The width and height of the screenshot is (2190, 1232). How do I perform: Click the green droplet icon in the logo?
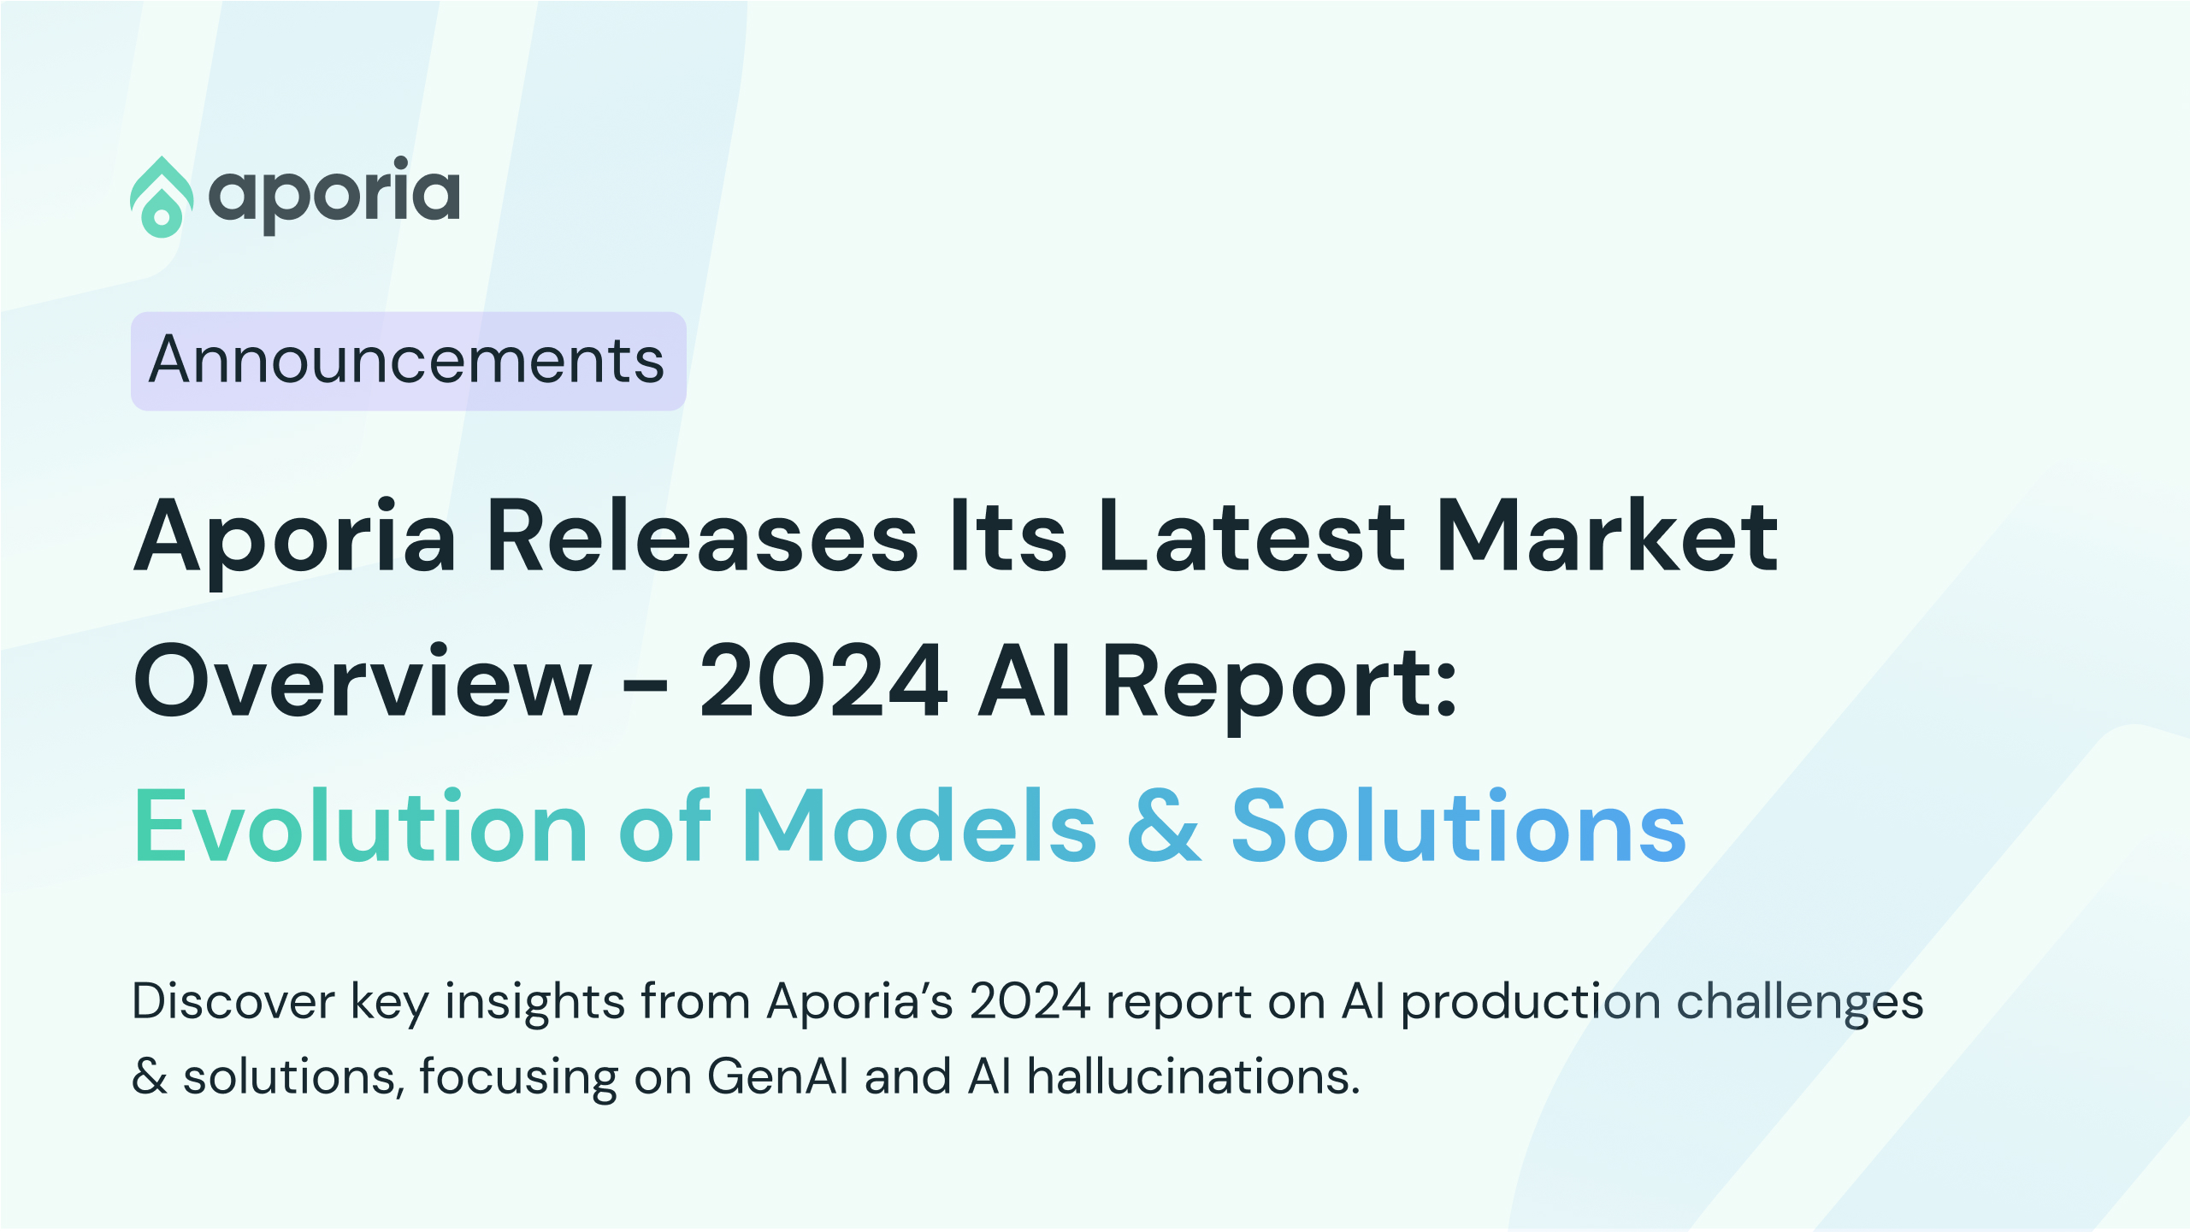pos(161,197)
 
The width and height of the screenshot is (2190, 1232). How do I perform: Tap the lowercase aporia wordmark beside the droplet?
pos(334,195)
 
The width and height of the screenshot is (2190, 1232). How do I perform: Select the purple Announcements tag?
pos(408,361)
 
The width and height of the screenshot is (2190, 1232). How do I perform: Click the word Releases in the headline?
pos(702,537)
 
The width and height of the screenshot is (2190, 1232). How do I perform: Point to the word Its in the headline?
pos(1008,537)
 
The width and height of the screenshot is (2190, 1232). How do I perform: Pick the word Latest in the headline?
pos(1251,537)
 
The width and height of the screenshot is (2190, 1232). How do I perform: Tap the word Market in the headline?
pos(1608,537)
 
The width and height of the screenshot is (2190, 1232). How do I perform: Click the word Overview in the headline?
pos(363,682)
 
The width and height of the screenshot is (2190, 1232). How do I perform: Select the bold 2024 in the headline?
pos(823,682)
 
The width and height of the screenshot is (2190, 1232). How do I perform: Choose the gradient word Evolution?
pos(360,827)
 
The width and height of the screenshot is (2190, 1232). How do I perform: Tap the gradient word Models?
pos(919,827)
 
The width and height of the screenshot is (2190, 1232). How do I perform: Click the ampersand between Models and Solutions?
pos(1164,827)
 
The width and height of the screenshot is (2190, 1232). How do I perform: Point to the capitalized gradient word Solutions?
pos(1458,827)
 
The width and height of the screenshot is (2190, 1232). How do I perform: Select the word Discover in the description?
pos(233,1001)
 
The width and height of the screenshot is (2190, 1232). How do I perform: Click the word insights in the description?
pos(534,1001)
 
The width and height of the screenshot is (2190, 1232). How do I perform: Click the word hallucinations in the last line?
pos(1193,1076)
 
